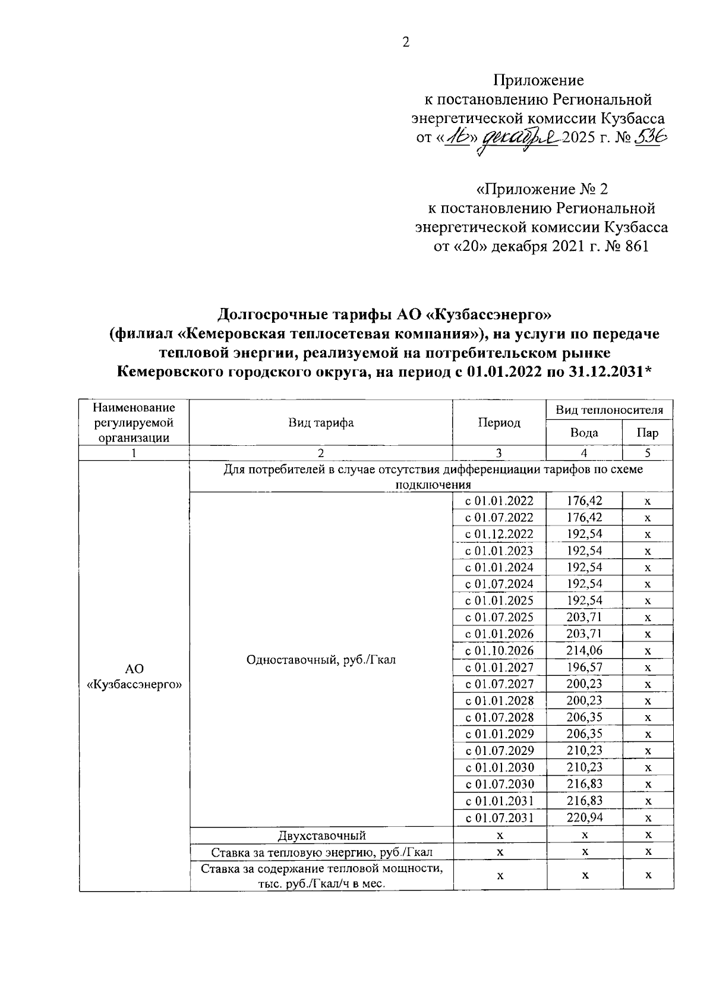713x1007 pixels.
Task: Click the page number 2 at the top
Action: coord(406,43)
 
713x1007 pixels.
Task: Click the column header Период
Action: coord(499,423)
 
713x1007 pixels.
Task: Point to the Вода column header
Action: coord(584,433)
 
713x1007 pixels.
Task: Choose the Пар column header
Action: coord(647,433)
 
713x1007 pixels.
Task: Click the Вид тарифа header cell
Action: coord(321,423)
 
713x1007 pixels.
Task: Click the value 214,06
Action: coord(584,650)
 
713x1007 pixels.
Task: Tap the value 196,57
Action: coord(584,667)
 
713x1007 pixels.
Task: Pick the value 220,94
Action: coord(584,817)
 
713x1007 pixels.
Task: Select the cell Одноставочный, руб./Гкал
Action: coord(321,659)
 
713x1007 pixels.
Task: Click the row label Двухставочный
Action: coord(321,835)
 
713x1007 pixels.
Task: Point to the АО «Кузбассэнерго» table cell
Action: coord(134,676)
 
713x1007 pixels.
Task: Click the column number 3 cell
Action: coord(499,453)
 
